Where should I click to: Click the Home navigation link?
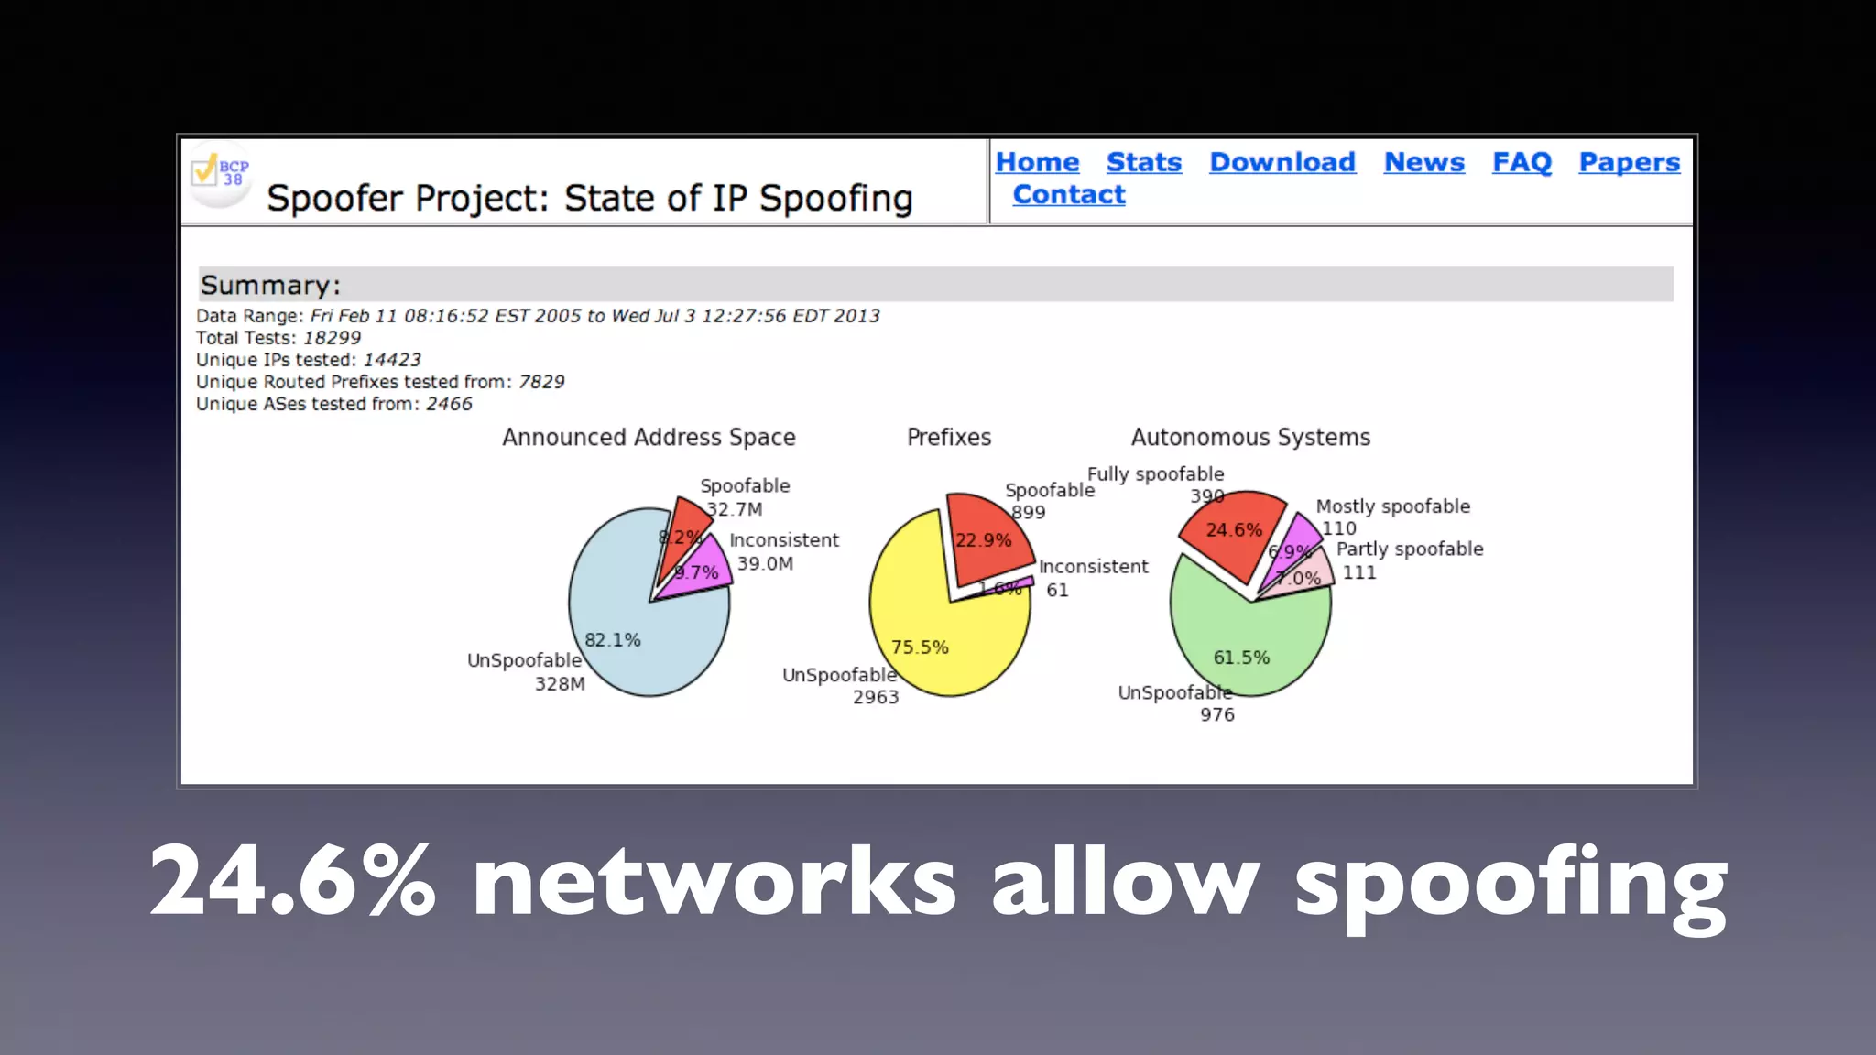pos(1037,162)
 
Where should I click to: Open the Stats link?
pos(1143,162)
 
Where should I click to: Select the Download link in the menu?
pos(1282,162)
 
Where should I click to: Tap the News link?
pos(1423,162)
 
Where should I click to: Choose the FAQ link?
pos(1522,162)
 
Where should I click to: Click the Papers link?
pos(1629,162)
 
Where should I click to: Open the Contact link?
pos(1068,195)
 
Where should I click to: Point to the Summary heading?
pos(270,285)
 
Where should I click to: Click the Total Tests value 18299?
pos(332,338)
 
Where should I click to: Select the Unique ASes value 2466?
pos(449,404)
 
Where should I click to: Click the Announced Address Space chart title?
pos(649,438)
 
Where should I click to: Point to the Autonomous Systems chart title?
pos(1250,438)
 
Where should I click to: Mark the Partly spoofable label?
pos(1409,549)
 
